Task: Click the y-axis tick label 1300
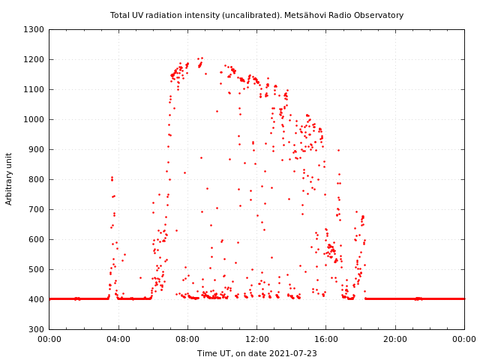[34, 29]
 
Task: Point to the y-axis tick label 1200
[34, 59]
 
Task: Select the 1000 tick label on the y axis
[34, 119]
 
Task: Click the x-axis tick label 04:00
[118, 339]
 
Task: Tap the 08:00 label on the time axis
[187, 339]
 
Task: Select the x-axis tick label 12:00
[256, 339]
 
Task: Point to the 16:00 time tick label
[326, 339]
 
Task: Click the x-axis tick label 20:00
[395, 339]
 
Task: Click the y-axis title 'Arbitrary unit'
[9, 178]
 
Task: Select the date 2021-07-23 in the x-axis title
[295, 353]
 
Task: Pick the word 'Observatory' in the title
[382, 15]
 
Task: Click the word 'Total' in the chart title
[120, 15]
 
